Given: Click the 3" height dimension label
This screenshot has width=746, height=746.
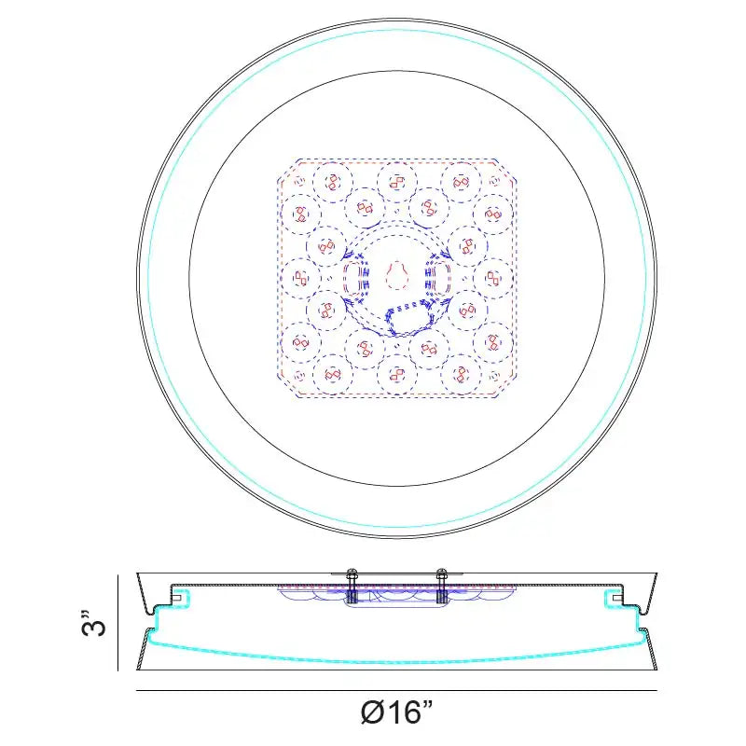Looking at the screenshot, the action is [92, 622].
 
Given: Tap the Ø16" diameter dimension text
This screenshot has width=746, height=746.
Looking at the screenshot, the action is [397, 711].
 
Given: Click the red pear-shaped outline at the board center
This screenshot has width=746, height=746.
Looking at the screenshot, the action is [397, 276].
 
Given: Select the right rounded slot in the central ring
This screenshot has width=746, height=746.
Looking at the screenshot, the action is [437, 277].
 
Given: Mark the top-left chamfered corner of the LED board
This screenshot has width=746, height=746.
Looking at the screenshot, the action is [288, 170].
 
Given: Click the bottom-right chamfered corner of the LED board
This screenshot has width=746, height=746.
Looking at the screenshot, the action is [505, 386].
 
